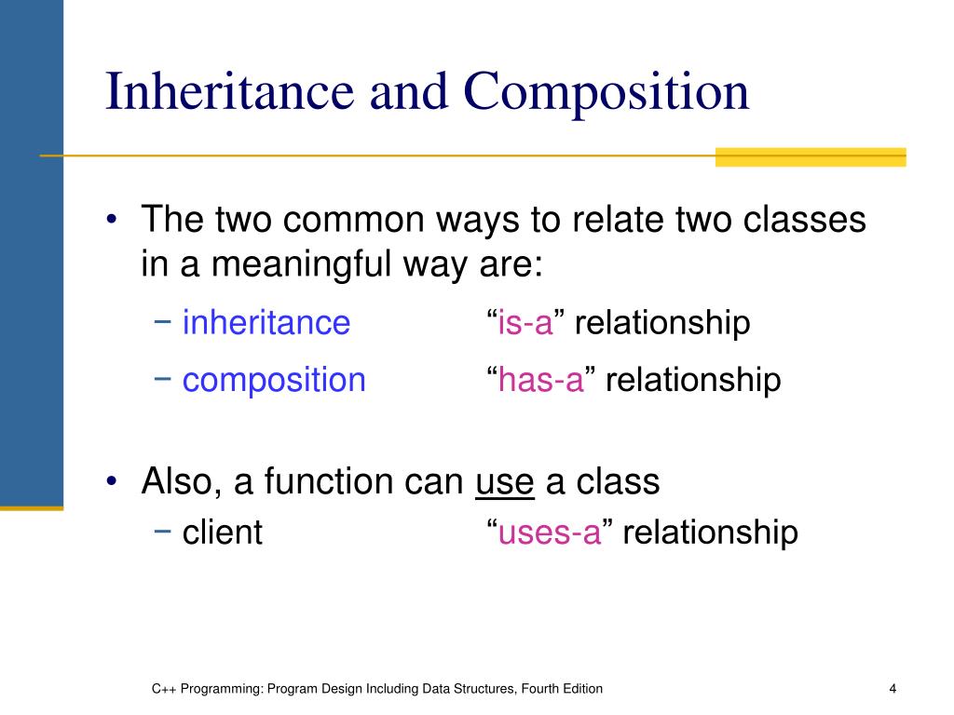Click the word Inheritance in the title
229,92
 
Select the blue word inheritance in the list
266,323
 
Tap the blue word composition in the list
274,380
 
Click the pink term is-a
525,323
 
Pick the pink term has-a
540,380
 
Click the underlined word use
505,481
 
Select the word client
223,533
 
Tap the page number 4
893,689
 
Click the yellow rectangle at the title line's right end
810,156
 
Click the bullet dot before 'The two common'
112,222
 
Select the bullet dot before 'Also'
112,482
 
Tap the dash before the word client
163,532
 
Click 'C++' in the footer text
164,689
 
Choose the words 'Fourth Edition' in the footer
562,689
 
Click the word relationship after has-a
693,380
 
